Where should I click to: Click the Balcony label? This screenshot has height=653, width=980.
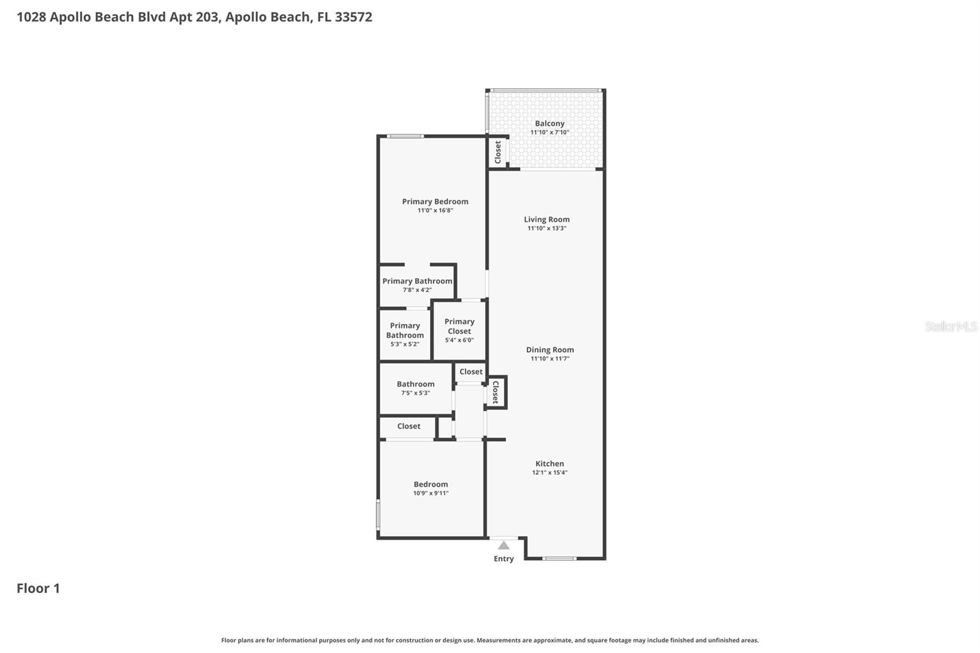click(549, 123)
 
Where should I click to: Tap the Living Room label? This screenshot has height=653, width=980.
click(546, 219)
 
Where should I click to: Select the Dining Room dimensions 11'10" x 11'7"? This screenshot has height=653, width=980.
click(549, 359)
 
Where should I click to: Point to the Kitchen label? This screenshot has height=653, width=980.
click(549, 464)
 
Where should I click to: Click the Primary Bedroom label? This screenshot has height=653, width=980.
click(435, 202)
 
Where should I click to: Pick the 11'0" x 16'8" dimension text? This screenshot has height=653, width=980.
click(435, 211)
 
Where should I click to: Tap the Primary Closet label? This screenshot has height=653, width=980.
click(459, 326)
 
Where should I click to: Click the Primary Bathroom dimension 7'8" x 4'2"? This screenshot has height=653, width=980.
click(417, 290)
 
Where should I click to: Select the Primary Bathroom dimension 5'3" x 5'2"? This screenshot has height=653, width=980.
click(405, 344)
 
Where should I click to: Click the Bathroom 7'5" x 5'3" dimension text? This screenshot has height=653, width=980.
click(415, 393)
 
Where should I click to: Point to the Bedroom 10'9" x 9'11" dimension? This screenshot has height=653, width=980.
click(431, 493)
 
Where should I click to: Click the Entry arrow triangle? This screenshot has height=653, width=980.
click(503, 545)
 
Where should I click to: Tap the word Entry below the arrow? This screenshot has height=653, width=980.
click(503, 559)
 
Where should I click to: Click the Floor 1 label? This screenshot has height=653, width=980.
click(38, 588)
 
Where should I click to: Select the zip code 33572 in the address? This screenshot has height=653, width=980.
click(353, 17)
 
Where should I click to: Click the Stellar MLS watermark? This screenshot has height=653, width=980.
click(951, 326)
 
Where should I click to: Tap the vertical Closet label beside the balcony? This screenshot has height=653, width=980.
click(498, 152)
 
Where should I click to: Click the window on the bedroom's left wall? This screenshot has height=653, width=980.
click(378, 515)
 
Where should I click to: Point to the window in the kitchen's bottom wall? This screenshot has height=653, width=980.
click(559, 558)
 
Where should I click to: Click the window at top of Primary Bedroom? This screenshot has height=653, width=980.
click(405, 136)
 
